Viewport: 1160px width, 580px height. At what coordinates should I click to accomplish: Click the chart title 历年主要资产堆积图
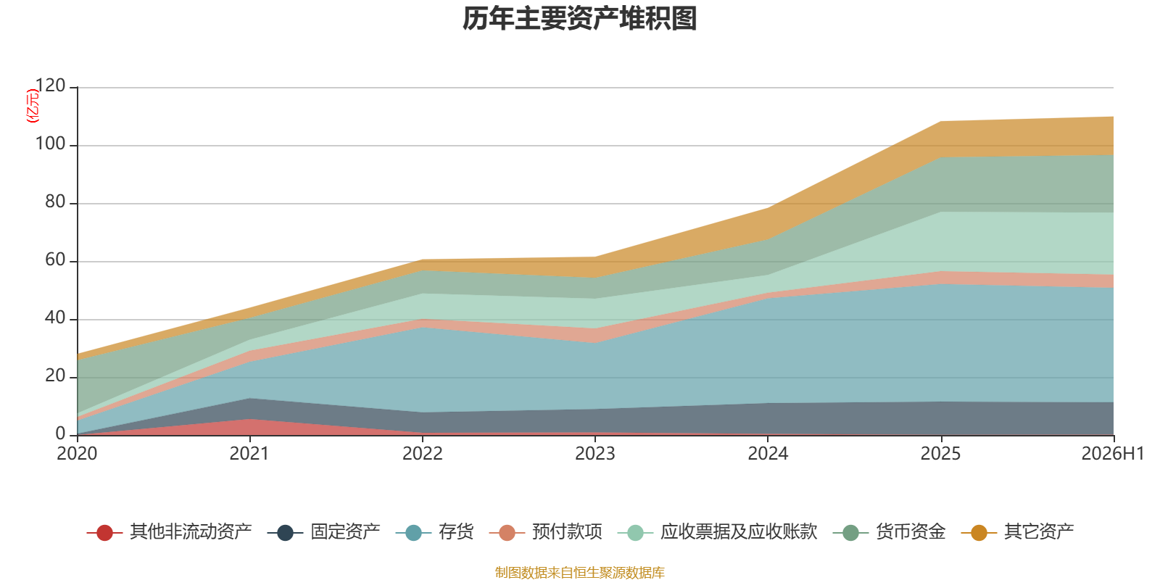pos(579,19)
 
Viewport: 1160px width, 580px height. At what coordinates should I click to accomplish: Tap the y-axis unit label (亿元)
pos(32,106)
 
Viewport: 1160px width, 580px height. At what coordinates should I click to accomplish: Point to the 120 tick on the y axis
pos(50,86)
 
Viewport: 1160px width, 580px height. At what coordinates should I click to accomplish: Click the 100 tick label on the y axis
pos(50,144)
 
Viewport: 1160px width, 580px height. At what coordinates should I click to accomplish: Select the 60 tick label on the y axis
pos(55,260)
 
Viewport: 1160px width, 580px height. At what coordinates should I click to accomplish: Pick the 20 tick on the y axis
pos(55,376)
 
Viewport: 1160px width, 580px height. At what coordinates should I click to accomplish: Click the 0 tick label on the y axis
pos(61,434)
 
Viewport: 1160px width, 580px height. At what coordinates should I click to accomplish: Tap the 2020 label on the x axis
pos(77,454)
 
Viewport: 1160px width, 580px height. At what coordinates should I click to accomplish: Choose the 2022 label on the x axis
pos(423,454)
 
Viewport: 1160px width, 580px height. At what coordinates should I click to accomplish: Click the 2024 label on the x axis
pos(768,454)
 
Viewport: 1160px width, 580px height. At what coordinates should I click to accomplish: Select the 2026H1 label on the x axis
pos(1113,454)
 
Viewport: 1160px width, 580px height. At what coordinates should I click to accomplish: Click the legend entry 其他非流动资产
pos(169,532)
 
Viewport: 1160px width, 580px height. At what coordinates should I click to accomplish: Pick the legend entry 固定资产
pos(323,532)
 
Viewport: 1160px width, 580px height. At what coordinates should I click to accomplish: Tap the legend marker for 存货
pos(413,532)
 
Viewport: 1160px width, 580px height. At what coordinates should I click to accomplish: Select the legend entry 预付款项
pos(545,532)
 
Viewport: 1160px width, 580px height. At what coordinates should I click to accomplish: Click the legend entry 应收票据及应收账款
pos(717,532)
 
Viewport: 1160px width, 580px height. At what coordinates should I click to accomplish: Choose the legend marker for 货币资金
pos(851,532)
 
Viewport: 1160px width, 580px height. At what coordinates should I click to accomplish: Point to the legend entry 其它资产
pos(1017,532)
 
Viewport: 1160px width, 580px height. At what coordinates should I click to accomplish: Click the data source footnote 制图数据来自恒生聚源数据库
pos(579,572)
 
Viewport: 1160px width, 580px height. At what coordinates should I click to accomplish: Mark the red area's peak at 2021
pos(250,419)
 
